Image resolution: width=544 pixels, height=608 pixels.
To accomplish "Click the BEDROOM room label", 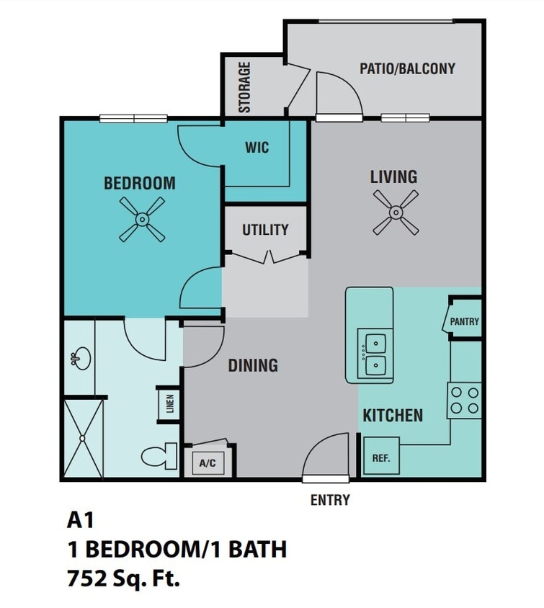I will coord(140,183).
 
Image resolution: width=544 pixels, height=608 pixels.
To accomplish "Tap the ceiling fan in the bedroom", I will coord(142,219).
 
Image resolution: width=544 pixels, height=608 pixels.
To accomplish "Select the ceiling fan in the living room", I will coord(396,213).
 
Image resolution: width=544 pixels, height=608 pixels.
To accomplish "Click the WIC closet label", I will coord(257,148).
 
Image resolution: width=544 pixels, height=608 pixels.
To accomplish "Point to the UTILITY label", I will coord(265,230).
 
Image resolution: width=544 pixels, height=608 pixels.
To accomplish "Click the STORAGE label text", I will coord(245,87).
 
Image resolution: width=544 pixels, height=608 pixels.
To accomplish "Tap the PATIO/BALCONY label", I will coord(407,68).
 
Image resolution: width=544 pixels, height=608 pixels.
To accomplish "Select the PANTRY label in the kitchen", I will coord(465,322).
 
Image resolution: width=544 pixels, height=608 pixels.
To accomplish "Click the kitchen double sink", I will coord(375,354).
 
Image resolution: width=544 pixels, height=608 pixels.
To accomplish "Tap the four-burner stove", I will coord(464,401).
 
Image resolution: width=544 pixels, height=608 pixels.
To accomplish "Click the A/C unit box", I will coord(208,464).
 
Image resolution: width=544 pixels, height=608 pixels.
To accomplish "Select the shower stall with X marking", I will coord(83,438).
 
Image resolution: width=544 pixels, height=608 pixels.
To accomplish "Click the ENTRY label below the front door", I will coord(330,499).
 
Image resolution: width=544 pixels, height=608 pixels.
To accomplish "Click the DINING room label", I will coord(253,365).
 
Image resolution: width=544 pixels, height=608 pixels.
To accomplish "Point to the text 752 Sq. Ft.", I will coord(123,578).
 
